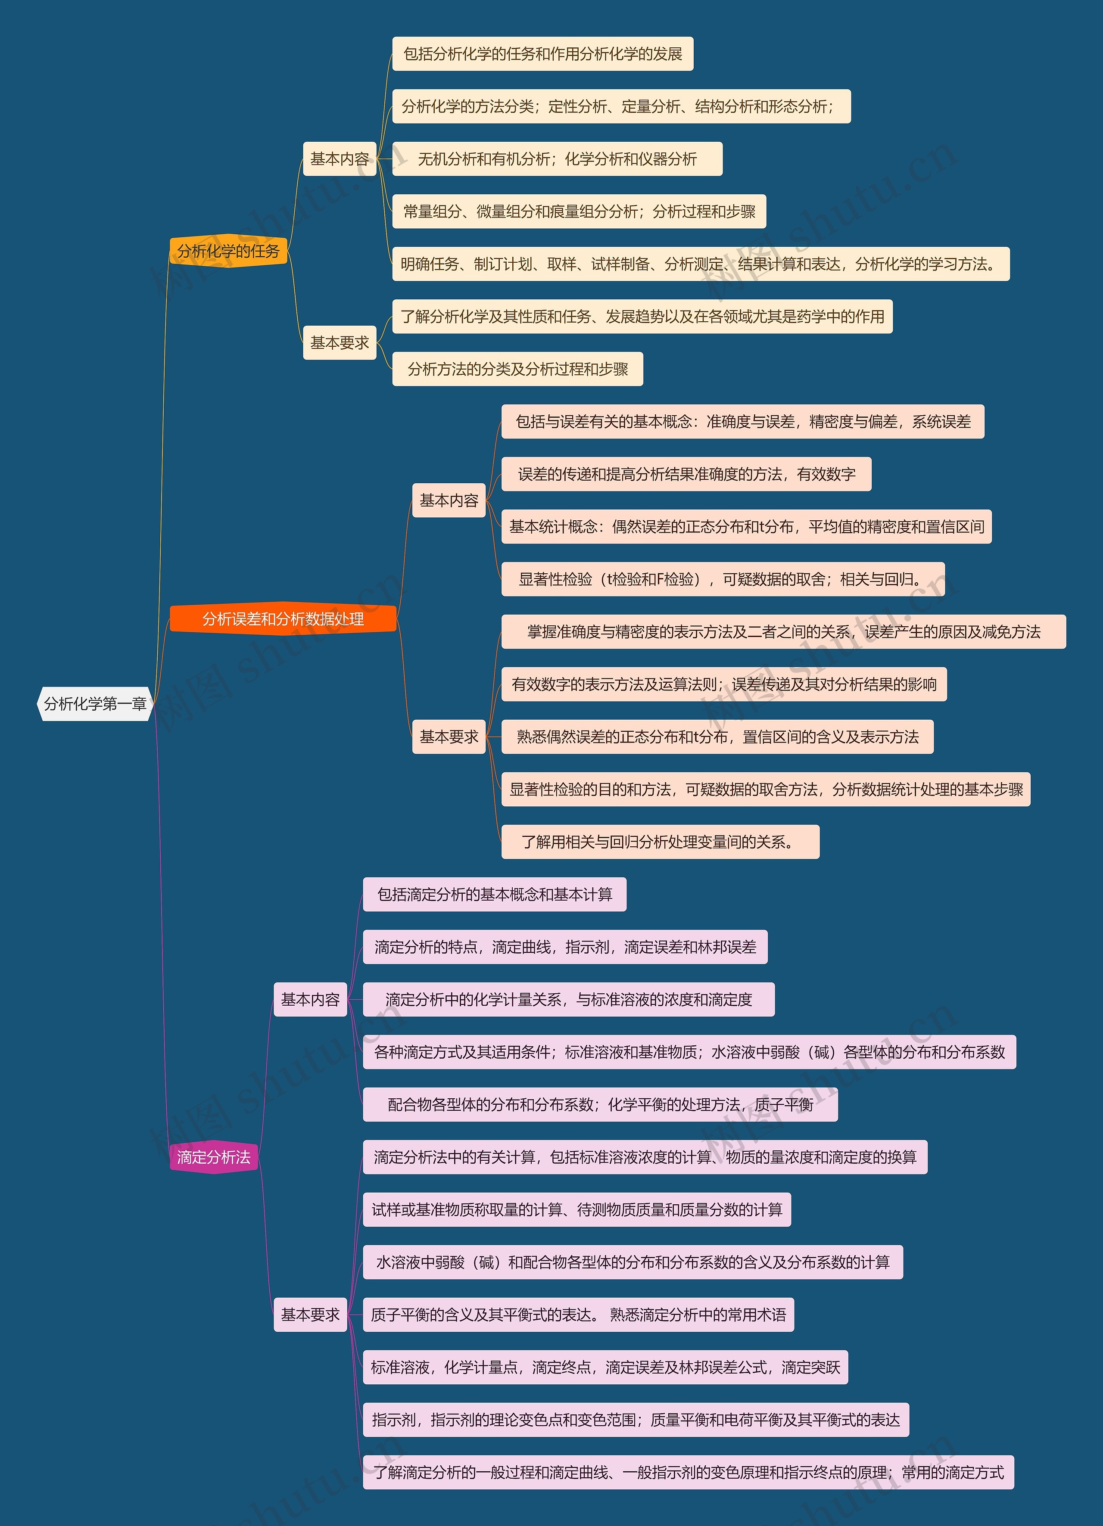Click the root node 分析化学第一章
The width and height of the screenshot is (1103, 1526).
tap(95, 704)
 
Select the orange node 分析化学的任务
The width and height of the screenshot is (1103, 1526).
tap(228, 251)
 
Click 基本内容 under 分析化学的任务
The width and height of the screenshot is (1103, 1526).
tap(339, 159)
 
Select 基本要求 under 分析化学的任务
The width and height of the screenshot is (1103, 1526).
tap(339, 342)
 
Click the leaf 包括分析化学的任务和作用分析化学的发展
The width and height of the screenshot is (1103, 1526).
tap(542, 54)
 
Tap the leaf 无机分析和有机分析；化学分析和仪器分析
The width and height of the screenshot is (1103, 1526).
tap(557, 159)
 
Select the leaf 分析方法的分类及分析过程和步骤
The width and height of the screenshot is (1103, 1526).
tap(517, 369)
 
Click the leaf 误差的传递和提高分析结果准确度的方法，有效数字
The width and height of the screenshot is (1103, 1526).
tap(686, 474)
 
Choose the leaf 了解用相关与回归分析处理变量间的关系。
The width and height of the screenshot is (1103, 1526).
tap(660, 842)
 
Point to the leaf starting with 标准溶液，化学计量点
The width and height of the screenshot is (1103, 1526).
tap(604, 1367)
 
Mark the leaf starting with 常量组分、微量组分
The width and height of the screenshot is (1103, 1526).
tap(579, 211)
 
